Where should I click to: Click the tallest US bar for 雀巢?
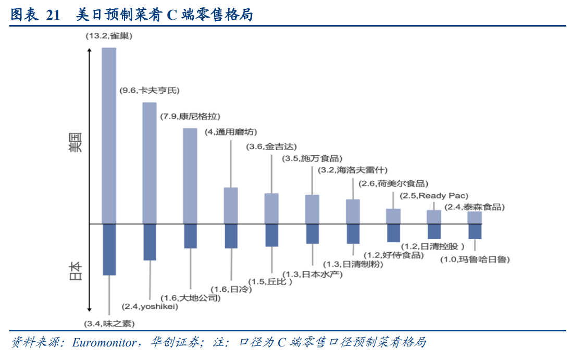(x=109, y=135)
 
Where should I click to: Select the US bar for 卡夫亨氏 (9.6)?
(x=150, y=163)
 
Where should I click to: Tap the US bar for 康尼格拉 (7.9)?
(x=190, y=176)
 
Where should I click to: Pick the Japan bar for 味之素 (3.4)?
(x=109, y=250)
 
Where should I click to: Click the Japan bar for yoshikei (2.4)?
(x=150, y=242)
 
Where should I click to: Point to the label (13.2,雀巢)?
(x=109, y=36)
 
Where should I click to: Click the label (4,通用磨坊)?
(x=231, y=132)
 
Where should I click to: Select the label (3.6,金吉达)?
(x=271, y=147)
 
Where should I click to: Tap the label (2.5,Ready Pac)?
(x=433, y=195)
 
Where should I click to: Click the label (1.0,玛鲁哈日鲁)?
(x=475, y=259)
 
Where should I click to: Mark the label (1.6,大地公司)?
(x=190, y=298)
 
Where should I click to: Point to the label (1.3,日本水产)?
(x=313, y=274)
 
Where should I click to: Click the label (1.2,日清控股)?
(x=433, y=246)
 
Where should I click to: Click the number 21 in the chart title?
(x=54, y=16)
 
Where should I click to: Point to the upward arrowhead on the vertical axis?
(x=90, y=51)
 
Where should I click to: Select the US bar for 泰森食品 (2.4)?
(x=474, y=218)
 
